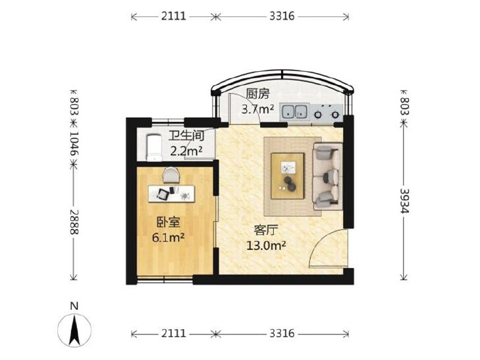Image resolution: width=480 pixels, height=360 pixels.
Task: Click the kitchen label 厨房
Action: tap(257, 93)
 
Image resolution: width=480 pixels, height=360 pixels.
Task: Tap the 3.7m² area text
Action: tap(257, 109)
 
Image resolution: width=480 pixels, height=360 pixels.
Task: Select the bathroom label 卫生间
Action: tap(186, 136)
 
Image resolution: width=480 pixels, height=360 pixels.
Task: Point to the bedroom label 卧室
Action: tap(168, 222)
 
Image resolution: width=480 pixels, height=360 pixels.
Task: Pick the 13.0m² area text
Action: tap(266, 245)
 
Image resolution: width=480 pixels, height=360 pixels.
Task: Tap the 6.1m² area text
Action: tap(168, 238)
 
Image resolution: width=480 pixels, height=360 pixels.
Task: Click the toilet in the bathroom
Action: tap(154, 147)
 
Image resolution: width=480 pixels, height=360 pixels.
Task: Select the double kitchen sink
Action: tap(294, 111)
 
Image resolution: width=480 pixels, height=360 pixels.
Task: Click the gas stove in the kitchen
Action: tap(327, 111)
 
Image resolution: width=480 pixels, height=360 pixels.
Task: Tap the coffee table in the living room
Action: tap(288, 176)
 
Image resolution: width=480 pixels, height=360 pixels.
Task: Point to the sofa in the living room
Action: tap(327, 176)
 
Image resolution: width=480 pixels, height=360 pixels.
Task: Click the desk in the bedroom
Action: tap(171, 193)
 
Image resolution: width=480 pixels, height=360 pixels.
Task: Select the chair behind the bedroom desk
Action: tap(171, 175)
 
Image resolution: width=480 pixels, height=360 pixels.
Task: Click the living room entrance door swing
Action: tap(329, 249)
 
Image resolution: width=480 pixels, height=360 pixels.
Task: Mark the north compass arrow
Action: tap(74, 331)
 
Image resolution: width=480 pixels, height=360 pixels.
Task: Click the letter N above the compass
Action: tap(74, 306)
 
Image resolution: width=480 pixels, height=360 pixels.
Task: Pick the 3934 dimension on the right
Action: tap(404, 201)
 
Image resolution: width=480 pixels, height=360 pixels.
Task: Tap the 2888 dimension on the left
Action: tap(74, 222)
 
